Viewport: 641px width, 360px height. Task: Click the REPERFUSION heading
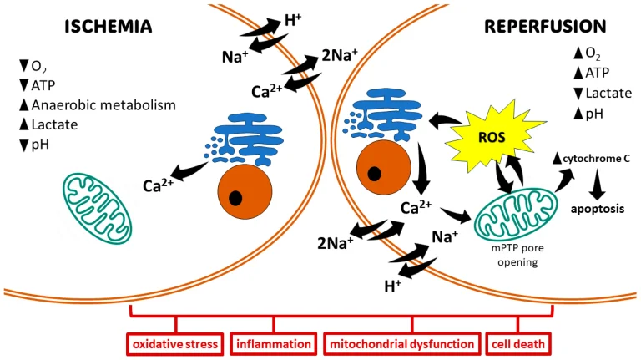click(x=543, y=26)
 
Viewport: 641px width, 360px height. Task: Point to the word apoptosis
click(x=598, y=210)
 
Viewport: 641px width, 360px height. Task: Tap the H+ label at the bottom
click(x=391, y=286)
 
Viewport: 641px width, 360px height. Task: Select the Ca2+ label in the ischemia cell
click(x=157, y=185)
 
